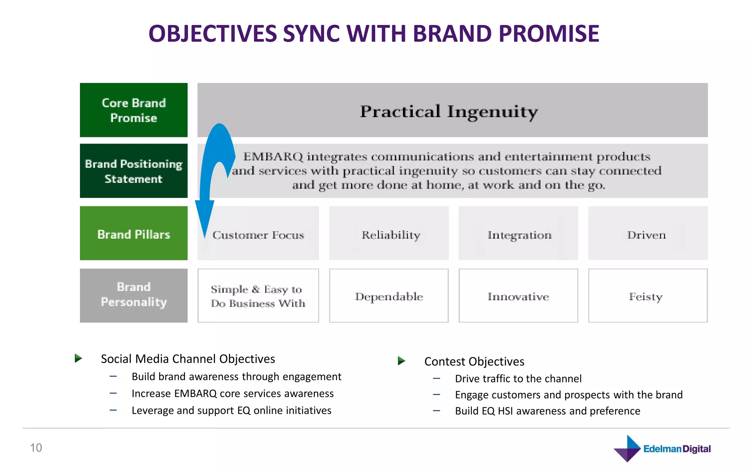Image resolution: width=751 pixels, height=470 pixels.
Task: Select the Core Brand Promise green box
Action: pyautogui.click(x=133, y=110)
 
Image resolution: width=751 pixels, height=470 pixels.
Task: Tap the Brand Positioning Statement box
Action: pyautogui.click(x=133, y=171)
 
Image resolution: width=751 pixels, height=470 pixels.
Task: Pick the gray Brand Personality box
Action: pyautogui.click(x=133, y=295)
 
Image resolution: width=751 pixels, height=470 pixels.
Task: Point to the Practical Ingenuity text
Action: pyautogui.click(x=449, y=112)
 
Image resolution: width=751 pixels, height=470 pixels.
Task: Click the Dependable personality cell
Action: pyautogui.click(x=389, y=296)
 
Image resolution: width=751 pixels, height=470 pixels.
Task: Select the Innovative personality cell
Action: pyautogui.click(x=518, y=296)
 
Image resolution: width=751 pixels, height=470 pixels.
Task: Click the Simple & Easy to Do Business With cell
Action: pyautogui.click(x=258, y=296)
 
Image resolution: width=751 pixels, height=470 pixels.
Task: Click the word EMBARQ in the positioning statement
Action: pyautogui.click(x=273, y=157)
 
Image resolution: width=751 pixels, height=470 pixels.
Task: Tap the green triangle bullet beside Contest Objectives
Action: pyautogui.click(x=402, y=361)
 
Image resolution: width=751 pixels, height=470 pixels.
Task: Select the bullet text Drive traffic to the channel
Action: pyautogui.click(x=518, y=379)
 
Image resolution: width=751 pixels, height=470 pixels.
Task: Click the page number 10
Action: pyautogui.click(x=36, y=448)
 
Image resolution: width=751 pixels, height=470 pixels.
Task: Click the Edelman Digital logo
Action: pyautogui.click(x=662, y=448)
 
